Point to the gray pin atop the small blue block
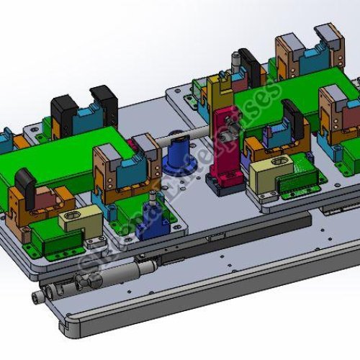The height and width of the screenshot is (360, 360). tap(152, 197)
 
